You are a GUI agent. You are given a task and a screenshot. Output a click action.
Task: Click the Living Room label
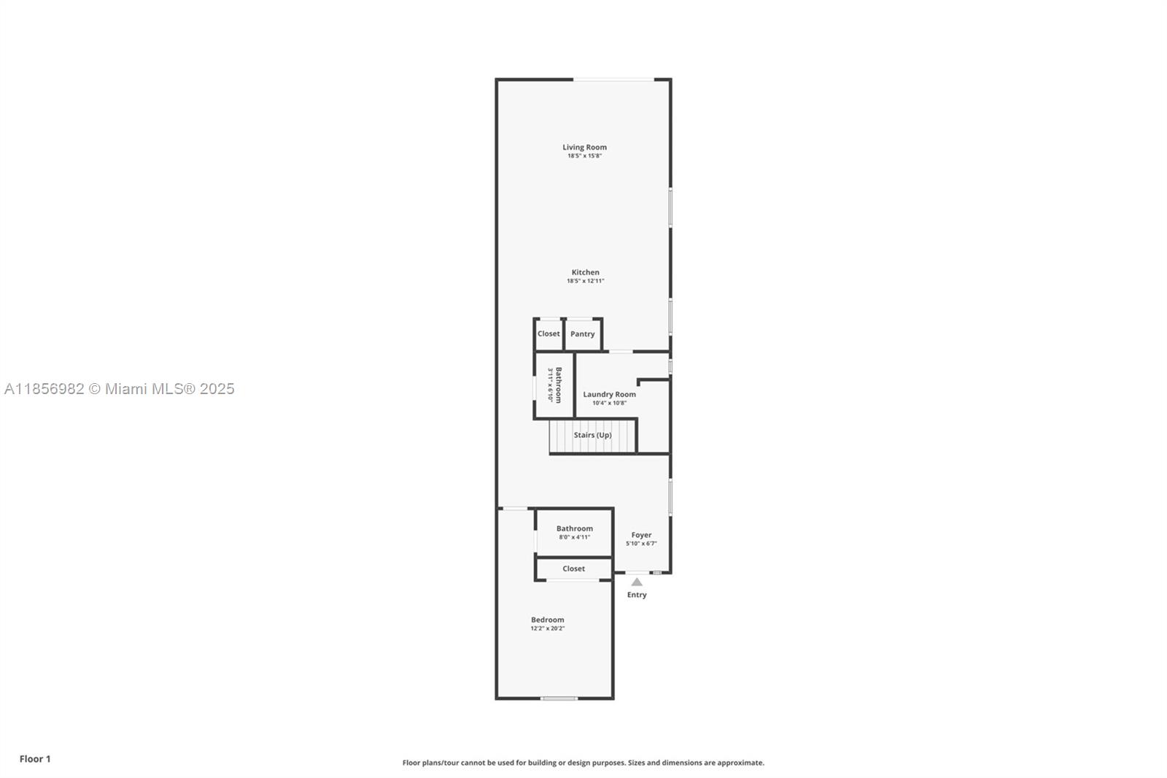584,147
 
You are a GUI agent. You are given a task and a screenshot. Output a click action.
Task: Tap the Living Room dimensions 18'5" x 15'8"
584,156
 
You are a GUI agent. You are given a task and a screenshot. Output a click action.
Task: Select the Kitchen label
585,272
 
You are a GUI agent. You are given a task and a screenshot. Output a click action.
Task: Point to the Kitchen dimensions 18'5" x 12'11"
585,281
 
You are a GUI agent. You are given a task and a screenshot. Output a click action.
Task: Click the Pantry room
582,334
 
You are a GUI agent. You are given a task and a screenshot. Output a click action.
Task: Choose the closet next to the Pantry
548,334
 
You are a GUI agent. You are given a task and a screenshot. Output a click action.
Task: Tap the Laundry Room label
609,394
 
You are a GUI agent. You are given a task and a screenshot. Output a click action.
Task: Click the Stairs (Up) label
592,435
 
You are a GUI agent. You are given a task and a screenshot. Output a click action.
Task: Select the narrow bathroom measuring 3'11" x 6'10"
554,385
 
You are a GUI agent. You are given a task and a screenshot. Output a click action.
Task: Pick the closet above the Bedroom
573,569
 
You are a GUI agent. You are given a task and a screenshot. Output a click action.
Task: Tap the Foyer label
641,535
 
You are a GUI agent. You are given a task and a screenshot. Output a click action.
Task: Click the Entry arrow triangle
637,582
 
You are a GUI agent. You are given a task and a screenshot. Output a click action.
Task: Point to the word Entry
637,595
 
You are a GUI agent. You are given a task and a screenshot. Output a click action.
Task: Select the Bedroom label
547,620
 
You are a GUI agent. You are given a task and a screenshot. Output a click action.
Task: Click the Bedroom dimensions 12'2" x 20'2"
547,628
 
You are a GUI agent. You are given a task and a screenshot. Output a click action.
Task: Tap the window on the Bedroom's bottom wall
559,698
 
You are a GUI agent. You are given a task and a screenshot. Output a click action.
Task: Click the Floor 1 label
35,759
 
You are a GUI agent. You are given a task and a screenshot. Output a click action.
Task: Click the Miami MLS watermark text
120,389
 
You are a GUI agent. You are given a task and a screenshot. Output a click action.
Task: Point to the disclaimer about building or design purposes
583,763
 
